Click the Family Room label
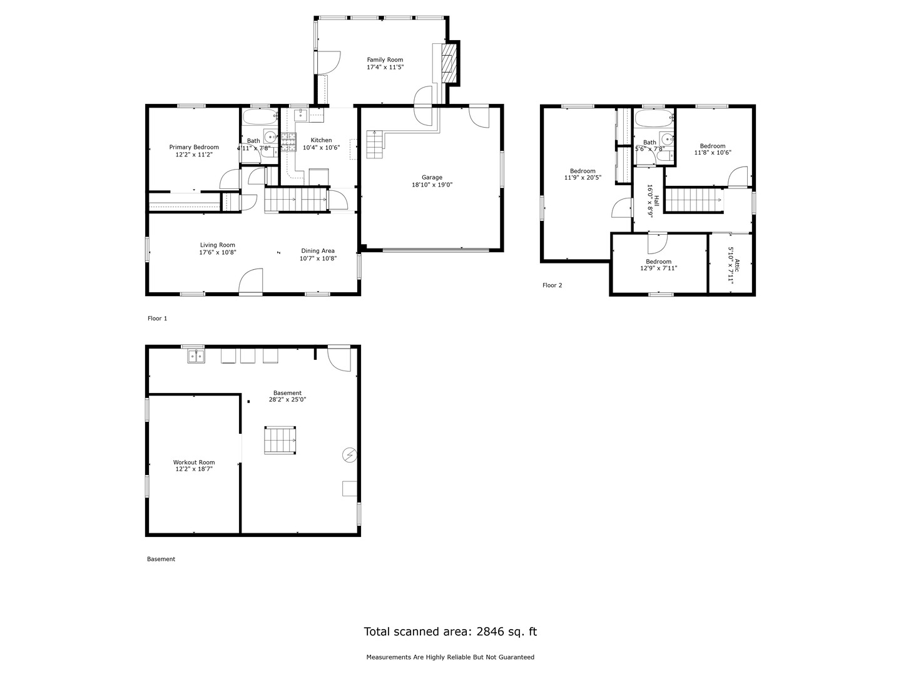385,59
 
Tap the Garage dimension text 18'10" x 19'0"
432,185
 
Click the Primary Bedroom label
194,147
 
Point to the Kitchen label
321,140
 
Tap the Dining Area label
318,250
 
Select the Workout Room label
194,463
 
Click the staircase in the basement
280,440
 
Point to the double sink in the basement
196,356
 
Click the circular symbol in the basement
349,454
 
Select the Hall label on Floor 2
656,200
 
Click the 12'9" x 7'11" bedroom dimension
658,269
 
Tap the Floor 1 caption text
157,319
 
